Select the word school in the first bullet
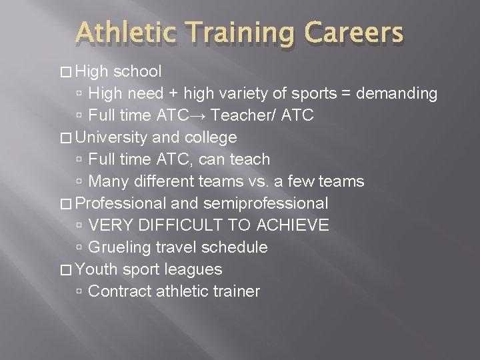coord(137,71)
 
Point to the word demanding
coord(397,93)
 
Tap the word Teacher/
coord(243,115)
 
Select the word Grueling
coord(119,247)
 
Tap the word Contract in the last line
coord(119,291)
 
